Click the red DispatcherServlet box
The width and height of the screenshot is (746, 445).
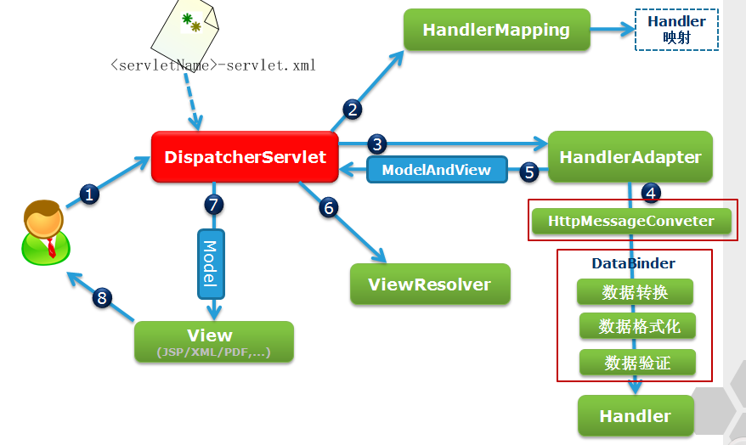(245, 157)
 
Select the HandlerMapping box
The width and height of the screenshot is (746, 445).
(496, 30)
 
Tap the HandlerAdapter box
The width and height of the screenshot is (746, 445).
(630, 157)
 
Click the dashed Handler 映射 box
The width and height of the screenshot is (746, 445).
(676, 30)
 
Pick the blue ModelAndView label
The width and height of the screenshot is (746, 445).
(436, 170)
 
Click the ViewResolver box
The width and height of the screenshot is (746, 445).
(430, 284)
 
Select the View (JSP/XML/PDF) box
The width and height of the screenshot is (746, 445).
(213, 341)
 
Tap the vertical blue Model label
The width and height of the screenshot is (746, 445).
(210, 262)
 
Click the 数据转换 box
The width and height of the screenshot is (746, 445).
(635, 292)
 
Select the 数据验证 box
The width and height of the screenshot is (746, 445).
(637, 363)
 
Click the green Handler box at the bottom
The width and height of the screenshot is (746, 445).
(635, 416)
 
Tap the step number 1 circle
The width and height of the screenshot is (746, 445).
(90, 194)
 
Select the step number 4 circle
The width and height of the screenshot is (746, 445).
(651, 193)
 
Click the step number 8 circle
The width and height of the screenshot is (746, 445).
(103, 297)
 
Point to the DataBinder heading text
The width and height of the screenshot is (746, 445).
(634, 263)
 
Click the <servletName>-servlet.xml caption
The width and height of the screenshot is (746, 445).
(212, 65)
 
